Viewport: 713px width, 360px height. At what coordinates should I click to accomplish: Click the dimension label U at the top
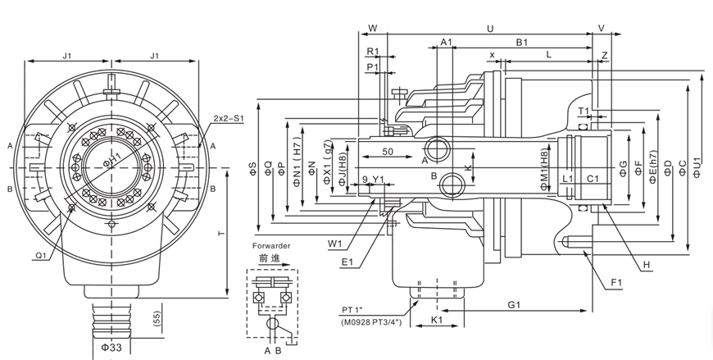489,28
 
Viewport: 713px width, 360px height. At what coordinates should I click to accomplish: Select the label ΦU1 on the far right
697,167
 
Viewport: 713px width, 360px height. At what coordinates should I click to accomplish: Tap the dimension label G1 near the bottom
514,304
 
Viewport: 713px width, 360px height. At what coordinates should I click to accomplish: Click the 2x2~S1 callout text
229,117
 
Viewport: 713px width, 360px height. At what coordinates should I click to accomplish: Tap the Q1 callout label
40,254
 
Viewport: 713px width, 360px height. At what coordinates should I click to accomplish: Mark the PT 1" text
358,309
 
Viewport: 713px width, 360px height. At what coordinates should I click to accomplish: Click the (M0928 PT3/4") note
370,322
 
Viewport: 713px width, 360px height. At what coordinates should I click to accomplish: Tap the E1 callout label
347,262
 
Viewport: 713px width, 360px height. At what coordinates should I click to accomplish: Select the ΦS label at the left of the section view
252,167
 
